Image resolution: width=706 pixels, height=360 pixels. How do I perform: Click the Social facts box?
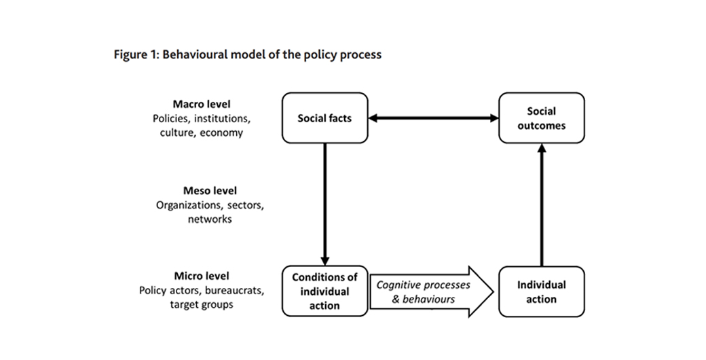click(x=324, y=118)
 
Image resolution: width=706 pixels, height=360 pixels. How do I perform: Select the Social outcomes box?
click(x=541, y=118)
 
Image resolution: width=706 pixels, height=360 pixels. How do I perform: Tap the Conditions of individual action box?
click(x=324, y=291)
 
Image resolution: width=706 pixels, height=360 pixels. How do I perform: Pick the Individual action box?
click(x=541, y=291)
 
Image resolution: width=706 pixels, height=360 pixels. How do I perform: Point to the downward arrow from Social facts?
click(x=324, y=204)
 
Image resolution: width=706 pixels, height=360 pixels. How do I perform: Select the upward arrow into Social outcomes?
click(x=541, y=204)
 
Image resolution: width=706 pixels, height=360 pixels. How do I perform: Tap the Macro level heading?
click(x=202, y=104)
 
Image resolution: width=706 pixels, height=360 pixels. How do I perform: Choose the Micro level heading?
click(x=202, y=276)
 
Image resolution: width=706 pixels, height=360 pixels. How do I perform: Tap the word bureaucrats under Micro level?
click(x=233, y=290)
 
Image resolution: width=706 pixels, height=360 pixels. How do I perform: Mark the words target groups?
click(x=202, y=304)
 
